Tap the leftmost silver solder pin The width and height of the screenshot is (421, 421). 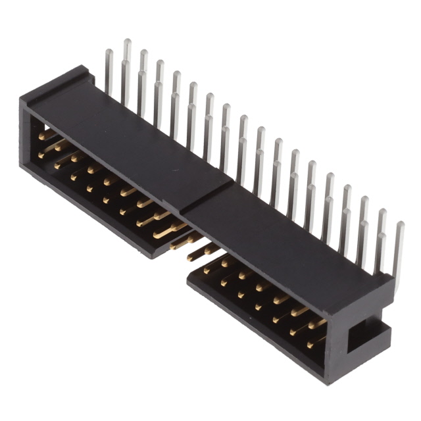109,72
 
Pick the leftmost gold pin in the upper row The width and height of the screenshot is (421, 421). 44,136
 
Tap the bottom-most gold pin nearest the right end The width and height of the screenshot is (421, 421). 314,342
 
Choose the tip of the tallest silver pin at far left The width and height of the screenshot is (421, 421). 127,43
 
